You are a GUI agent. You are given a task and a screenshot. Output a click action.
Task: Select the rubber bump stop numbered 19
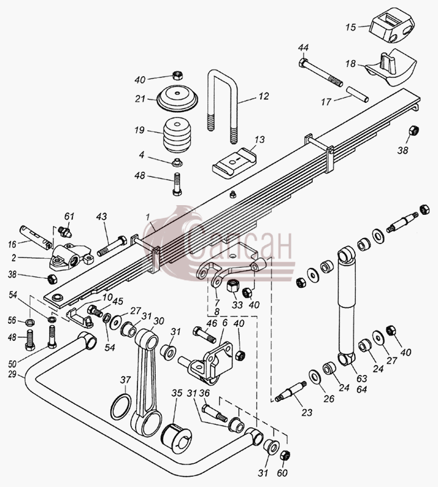click(x=177, y=135)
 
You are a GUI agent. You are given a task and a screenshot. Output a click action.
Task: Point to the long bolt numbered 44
click(x=321, y=72)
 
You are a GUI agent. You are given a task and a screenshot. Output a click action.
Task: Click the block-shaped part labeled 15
click(x=392, y=29)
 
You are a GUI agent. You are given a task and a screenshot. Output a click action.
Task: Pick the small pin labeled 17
click(x=358, y=94)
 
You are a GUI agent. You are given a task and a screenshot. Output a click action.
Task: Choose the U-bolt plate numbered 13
click(x=235, y=163)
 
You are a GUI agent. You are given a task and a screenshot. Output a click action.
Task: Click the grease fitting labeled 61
click(x=68, y=231)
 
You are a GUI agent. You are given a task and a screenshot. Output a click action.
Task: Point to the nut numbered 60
click(x=285, y=455)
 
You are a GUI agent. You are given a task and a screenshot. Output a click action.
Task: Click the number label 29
click(x=12, y=374)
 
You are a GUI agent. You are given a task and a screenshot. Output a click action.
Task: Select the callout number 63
click(x=362, y=378)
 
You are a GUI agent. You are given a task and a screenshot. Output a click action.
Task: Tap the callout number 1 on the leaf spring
click(x=148, y=217)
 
